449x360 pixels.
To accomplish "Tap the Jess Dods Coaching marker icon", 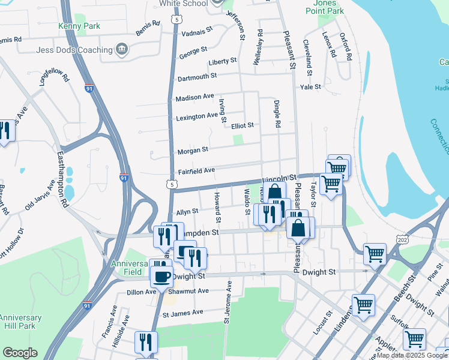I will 122,49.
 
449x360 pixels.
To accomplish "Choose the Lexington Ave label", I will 197,116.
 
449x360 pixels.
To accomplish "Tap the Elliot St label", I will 243,125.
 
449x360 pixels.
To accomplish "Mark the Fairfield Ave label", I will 196,171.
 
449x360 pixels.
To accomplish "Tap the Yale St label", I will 311,86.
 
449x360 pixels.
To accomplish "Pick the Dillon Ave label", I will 141,292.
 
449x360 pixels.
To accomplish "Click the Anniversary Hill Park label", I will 20,322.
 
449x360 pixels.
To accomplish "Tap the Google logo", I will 20,353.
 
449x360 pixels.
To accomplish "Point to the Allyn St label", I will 187,212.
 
